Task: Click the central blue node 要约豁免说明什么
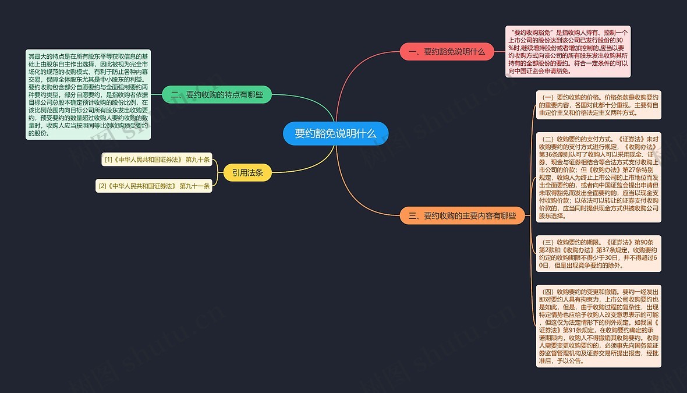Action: tap(335, 134)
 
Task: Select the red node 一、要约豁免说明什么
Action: tap(447, 52)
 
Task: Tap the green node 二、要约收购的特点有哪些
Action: tap(217, 95)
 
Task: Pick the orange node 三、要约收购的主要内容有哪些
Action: tap(462, 215)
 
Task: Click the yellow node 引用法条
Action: tap(247, 172)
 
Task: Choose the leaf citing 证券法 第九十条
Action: tap(157, 160)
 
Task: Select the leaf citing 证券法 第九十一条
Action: tap(154, 186)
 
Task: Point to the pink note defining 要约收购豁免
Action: tap(568, 52)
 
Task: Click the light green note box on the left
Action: tap(88, 95)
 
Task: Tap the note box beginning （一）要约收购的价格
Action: tap(599, 105)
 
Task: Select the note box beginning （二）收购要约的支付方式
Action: tap(599, 178)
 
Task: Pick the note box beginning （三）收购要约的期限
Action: tap(599, 254)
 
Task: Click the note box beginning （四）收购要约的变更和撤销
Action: tap(599, 327)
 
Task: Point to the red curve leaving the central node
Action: tap(350, 75)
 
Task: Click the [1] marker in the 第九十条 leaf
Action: tap(108, 160)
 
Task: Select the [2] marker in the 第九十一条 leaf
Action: tap(102, 186)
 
